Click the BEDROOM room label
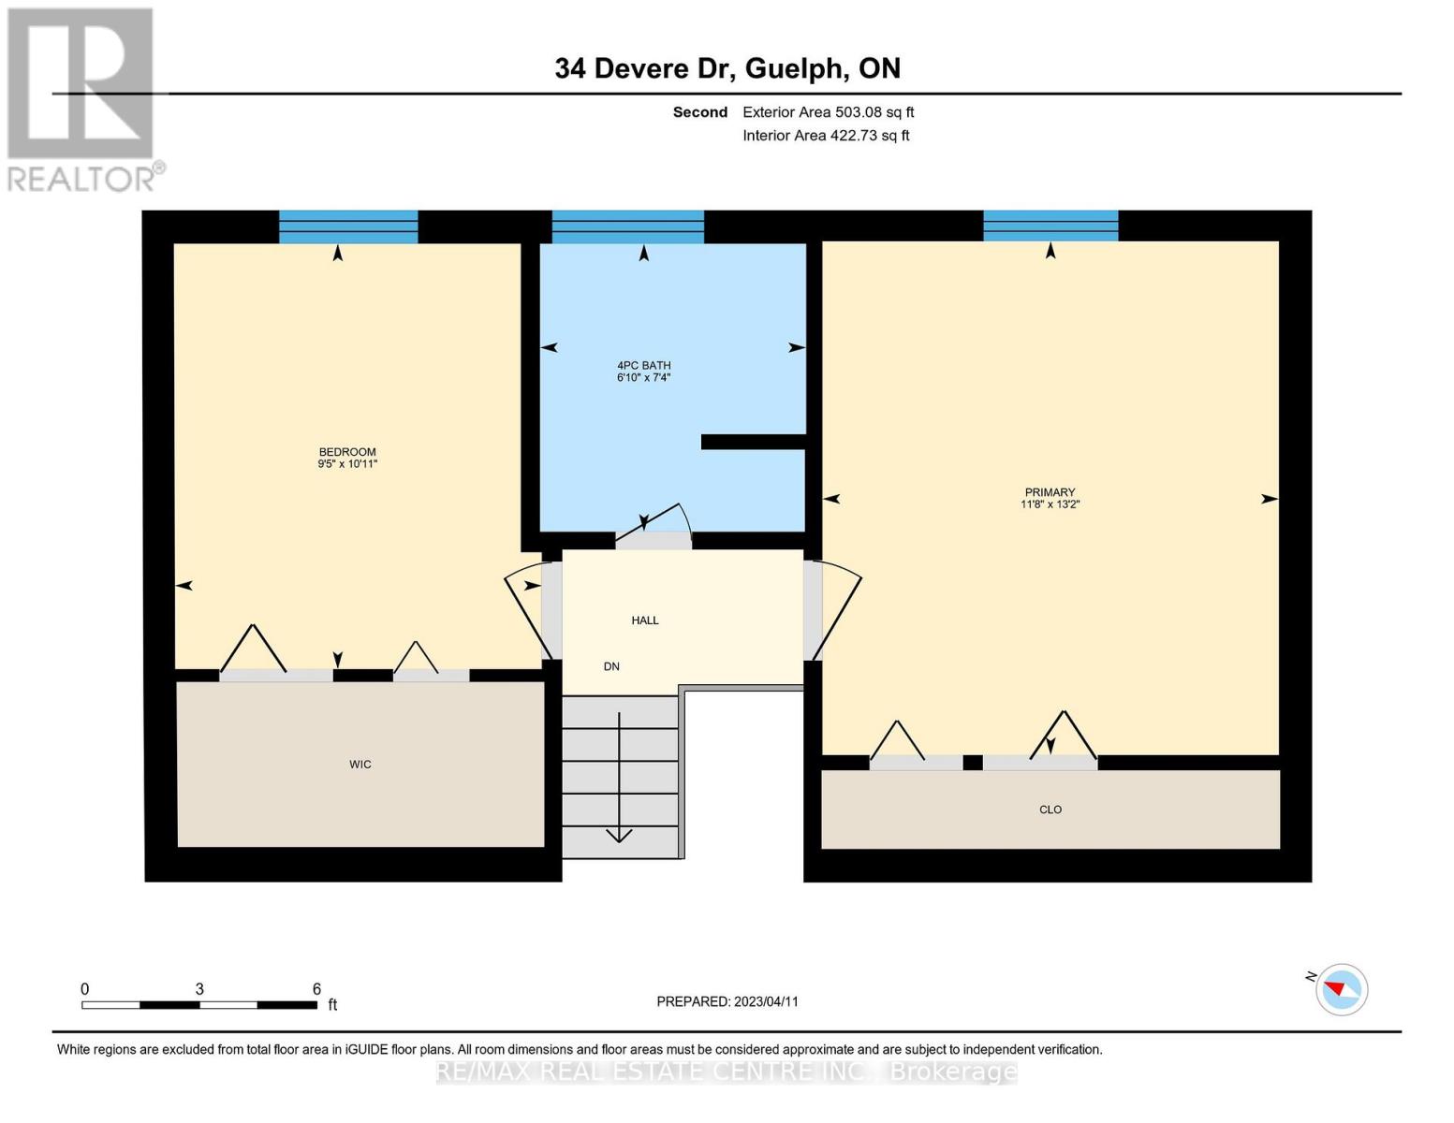[347, 452]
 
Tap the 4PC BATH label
[644, 366]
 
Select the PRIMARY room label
[1050, 492]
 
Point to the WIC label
[360, 765]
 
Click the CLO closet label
[1050, 810]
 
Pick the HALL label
[645, 620]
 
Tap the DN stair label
[611, 667]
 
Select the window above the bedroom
[348, 226]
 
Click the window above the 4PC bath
[627, 226]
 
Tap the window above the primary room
[1050, 226]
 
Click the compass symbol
[1341, 990]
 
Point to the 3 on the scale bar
[199, 989]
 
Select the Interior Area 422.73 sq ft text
[826, 136]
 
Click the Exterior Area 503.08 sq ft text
[828, 112]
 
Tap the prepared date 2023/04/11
[766, 1002]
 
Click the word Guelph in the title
[794, 69]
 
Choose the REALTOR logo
[85, 99]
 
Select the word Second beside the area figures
[700, 112]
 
